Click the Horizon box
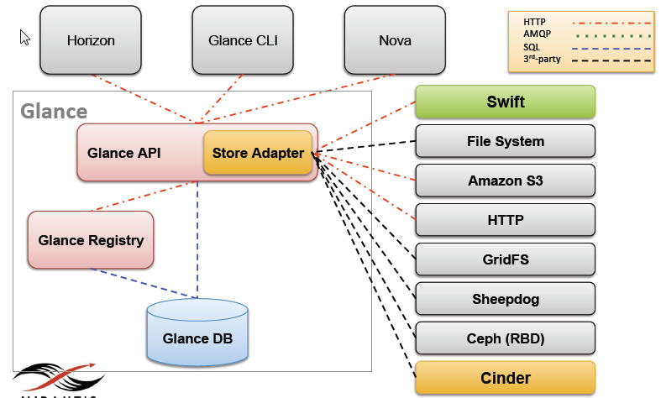point(91,39)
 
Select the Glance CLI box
point(243,39)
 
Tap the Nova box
point(395,39)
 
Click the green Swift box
point(506,102)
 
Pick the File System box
point(506,141)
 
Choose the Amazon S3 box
point(506,181)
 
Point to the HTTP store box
point(506,220)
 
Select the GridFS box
point(506,259)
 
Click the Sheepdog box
point(506,299)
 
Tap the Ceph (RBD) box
point(506,338)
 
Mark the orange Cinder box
point(506,378)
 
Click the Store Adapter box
point(258,153)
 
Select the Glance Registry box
point(91,240)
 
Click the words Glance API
point(124,153)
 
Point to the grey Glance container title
point(54,111)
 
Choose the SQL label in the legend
point(532,47)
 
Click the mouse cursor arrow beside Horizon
point(24,37)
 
